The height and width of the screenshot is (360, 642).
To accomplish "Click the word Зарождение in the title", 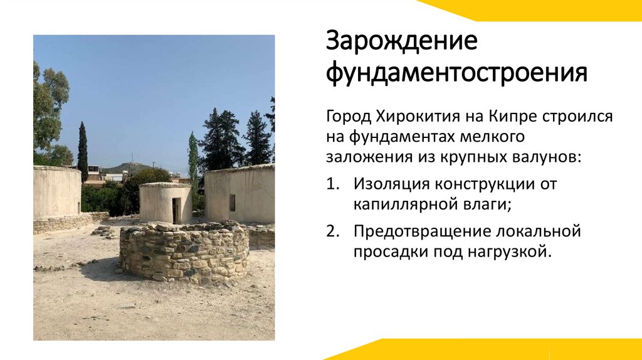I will point(401,42).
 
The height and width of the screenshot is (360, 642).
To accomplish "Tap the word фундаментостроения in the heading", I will point(456,73).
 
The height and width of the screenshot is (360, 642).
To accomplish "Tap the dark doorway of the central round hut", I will point(176,209).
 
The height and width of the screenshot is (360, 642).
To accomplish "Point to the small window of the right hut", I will point(232,202).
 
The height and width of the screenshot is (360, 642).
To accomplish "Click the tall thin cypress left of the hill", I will point(83,152).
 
